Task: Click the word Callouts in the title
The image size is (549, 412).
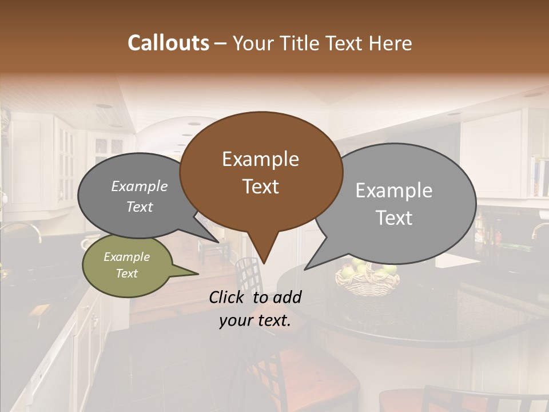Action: click(x=168, y=43)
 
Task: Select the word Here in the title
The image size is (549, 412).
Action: click(x=391, y=43)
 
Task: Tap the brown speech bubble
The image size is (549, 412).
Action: click(x=261, y=172)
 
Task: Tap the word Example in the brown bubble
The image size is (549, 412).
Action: click(x=261, y=159)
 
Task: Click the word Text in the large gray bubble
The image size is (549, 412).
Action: click(x=394, y=218)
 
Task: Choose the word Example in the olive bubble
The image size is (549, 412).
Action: click(x=127, y=257)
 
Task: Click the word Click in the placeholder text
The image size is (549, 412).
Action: click(x=228, y=297)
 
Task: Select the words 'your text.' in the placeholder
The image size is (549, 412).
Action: click(x=255, y=321)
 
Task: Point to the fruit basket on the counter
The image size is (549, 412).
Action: click(x=367, y=279)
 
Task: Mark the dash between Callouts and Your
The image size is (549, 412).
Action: click(x=221, y=43)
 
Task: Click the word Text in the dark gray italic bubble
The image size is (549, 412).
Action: click(x=140, y=207)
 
